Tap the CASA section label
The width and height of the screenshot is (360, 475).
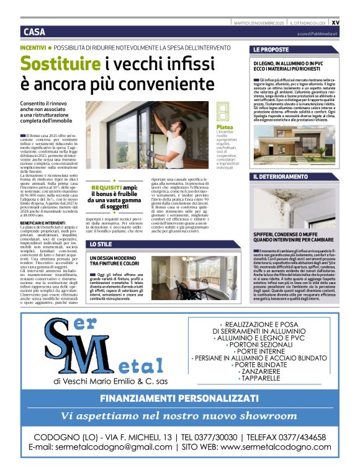34,32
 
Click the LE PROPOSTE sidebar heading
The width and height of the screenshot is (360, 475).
271,49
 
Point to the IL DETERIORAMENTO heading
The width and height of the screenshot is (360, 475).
280,177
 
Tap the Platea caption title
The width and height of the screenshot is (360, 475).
224,127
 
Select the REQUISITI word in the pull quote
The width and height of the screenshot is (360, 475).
107,187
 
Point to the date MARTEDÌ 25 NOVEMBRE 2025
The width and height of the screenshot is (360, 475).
259,22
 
